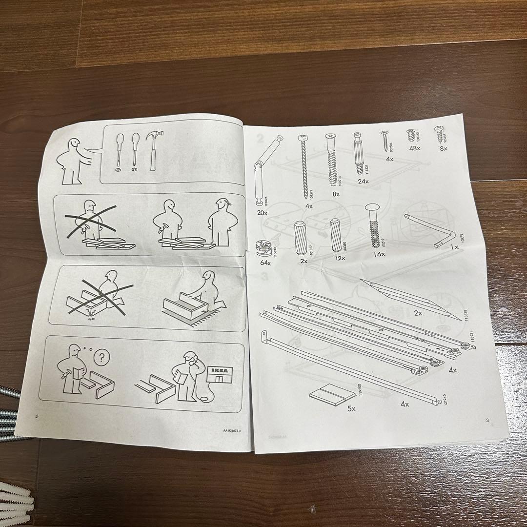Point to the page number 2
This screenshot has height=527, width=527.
pyautogui.click(x=36, y=416)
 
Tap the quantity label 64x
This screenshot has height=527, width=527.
pyautogui.click(x=265, y=263)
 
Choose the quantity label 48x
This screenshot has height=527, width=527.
pyautogui.click(x=415, y=148)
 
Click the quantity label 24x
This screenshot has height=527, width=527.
pyautogui.click(x=363, y=181)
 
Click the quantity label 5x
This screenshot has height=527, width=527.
pyautogui.click(x=351, y=409)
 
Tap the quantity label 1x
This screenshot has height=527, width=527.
pyautogui.click(x=454, y=247)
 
